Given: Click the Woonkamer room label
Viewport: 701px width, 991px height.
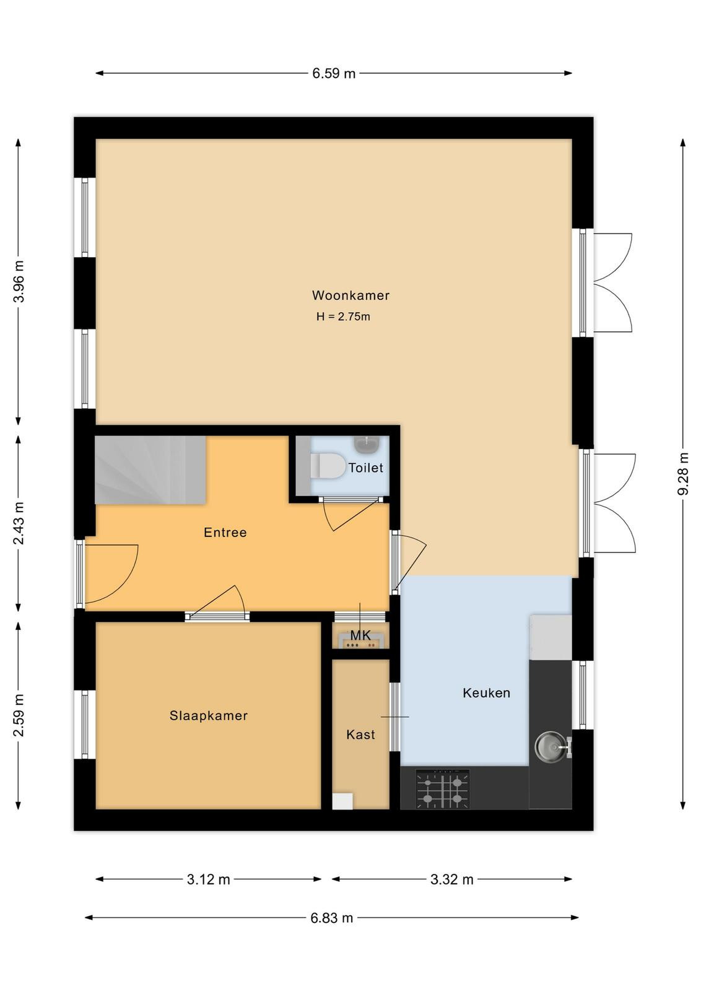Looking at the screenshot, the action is (x=350, y=295).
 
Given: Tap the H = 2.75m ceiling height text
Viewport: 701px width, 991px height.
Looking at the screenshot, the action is (x=343, y=317).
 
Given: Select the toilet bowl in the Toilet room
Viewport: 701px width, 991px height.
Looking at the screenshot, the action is (x=328, y=465).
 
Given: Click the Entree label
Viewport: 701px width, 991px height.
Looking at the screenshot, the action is (x=225, y=532).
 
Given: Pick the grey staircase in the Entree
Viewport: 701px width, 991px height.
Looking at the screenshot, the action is (x=151, y=470).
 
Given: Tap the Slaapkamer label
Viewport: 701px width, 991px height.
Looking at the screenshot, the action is (x=208, y=716).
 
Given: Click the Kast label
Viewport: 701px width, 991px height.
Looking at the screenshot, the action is (x=360, y=735).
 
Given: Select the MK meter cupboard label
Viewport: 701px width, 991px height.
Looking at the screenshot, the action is (x=360, y=635).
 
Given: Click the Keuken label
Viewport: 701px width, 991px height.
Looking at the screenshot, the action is (x=486, y=693).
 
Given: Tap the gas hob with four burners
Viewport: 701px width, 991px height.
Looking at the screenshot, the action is (x=442, y=789).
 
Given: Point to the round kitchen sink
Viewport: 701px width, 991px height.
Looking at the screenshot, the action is (x=551, y=746).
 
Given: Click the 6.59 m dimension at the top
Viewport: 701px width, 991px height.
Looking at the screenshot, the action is (x=334, y=73).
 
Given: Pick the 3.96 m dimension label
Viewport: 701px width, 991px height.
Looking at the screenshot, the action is (x=19, y=282).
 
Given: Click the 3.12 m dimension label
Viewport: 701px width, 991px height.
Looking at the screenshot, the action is (x=208, y=880).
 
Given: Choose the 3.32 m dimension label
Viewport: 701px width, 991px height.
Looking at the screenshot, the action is (x=451, y=880).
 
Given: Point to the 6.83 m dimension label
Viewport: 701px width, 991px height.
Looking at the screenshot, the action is (x=332, y=918).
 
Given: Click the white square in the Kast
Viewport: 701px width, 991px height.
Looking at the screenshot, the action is (x=342, y=801).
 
